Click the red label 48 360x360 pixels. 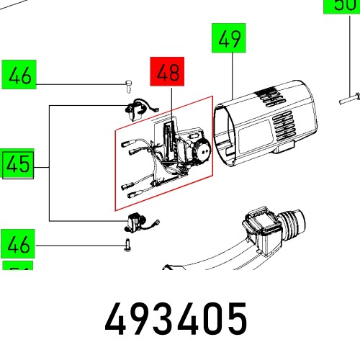click(x=167, y=72)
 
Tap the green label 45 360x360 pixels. click(x=18, y=166)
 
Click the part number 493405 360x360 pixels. click(x=176, y=318)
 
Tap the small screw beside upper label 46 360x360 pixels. click(x=128, y=86)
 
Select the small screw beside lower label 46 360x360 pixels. click(x=127, y=245)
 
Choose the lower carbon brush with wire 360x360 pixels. click(x=136, y=222)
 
